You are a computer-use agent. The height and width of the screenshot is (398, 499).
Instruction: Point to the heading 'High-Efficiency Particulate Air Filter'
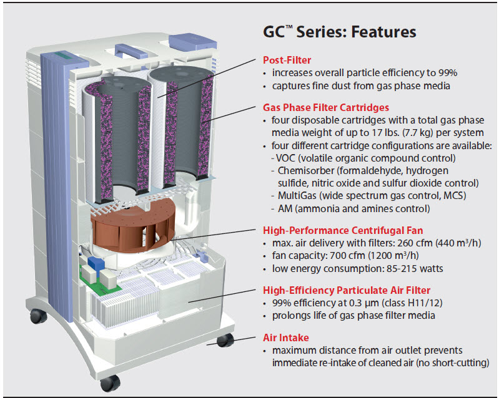click(x=347, y=290)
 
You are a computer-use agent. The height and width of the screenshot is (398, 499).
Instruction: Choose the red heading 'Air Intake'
click(x=286, y=337)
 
